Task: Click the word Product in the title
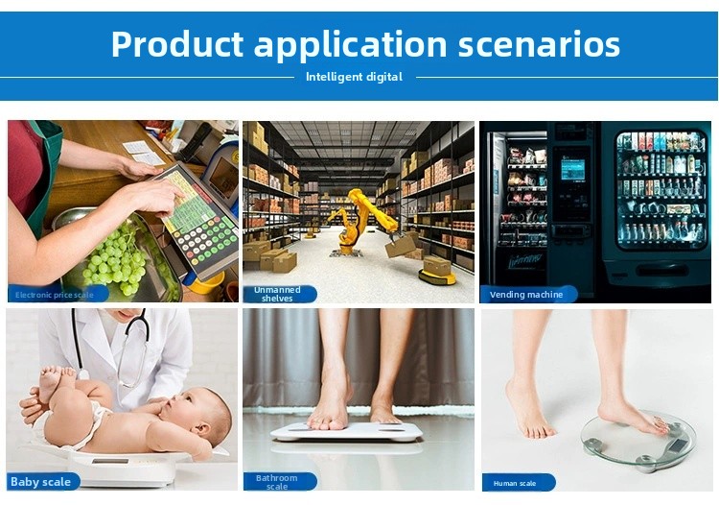[177, 44]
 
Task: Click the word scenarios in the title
[539, 44]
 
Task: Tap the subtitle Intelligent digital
[354, 77]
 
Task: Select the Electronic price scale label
[54, 295]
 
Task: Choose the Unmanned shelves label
[277, 294]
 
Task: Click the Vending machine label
[526, 295]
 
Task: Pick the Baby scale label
[40, 482]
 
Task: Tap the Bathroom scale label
[276, 482]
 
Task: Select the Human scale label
[515, 483]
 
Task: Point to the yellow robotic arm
[362, 221]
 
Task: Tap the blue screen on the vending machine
[572, 169]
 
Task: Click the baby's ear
[201, 429]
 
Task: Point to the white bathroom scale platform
[346, 431]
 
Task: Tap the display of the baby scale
[110, 461]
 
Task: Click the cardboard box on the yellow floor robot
[436, 266]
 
